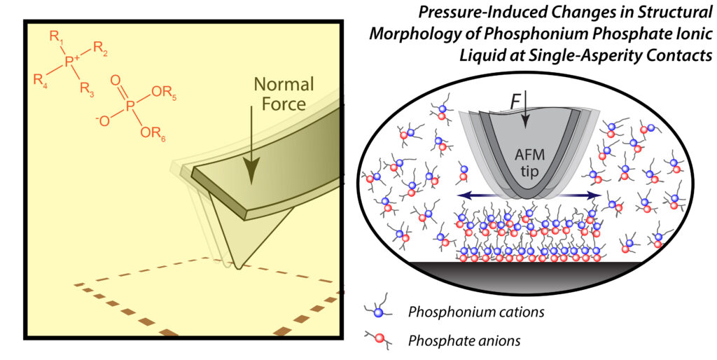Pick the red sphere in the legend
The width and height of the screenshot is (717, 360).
click(x=378, y=341)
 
